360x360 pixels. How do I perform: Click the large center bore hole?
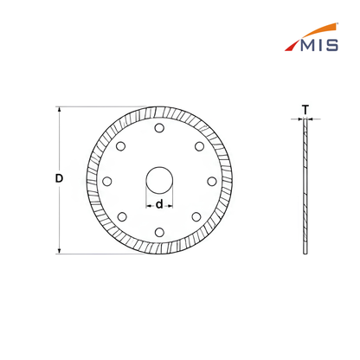click(x=159, y=181)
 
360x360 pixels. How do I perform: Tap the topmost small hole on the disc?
click(x=159, y=128)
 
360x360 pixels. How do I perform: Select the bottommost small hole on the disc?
click(x=159, y=232)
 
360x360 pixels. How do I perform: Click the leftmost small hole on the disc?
click(x=107, y=181)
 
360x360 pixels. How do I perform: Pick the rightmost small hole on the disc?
click(x=212, y=181)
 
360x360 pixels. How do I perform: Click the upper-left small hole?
click(x=120, y=146)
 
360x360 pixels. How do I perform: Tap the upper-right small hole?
click(x=199, y=146)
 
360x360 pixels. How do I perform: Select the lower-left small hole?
click(x=122, y=216)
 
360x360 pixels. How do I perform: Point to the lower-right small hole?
click(x=196, y=216)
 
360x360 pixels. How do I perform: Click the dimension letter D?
click(x=59, y=178)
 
